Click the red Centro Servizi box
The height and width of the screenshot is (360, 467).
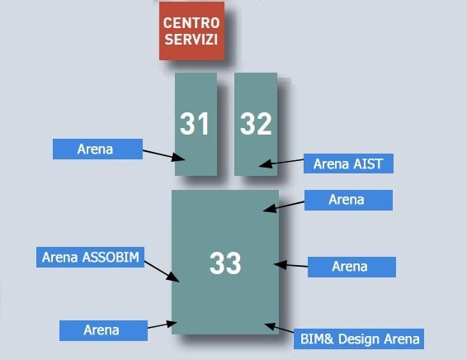(191, 31)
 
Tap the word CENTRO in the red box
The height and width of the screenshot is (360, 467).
(191, 23)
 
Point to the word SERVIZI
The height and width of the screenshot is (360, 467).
(191, 39)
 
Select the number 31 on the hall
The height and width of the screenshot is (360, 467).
(194, 124)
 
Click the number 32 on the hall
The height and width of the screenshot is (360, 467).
(256, 124)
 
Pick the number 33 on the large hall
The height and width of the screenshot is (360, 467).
(225, 263)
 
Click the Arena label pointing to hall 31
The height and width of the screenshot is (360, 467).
(97, 149)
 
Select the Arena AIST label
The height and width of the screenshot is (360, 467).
(348, 163)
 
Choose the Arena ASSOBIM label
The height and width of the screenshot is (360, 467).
(90, 257)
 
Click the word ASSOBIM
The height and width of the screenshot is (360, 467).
(111, 257)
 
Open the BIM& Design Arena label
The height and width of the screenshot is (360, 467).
(359, 339)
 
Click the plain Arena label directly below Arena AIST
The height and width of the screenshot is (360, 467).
(348, 200)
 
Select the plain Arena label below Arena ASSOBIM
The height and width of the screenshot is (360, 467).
(103, 330)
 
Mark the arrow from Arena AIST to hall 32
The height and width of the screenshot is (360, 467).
(281, 163)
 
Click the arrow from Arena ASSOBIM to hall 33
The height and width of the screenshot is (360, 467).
(162, 272)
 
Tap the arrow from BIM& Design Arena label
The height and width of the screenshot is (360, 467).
(279, 328)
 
